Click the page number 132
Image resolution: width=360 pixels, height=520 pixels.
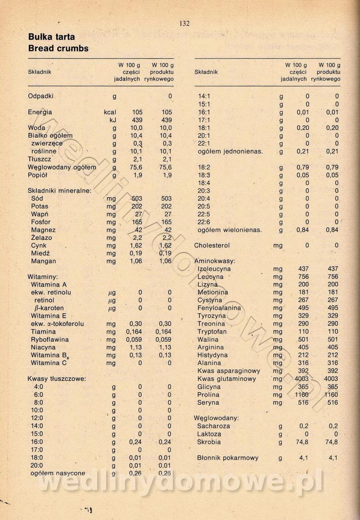[x=184, y=24]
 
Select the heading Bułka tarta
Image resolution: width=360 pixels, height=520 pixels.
[x=51, y=37]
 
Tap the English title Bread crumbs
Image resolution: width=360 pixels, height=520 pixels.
[x=58, y=48]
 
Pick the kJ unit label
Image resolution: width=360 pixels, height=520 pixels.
[x=113, y=120]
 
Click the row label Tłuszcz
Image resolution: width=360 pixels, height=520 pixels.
[x=40, y=159]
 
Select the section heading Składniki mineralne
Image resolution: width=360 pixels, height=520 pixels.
[x=59, y=190]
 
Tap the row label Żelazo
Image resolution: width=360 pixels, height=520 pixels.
[x=41, y=238]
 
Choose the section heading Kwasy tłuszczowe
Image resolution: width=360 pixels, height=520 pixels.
[x=56, y=379]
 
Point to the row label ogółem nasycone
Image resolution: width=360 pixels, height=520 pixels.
[x=58, y=473]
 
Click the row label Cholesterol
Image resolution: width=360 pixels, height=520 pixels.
[x=212, y=245]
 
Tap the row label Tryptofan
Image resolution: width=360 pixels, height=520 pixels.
[x=212, y=332]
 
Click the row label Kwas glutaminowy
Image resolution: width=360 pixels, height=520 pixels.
[x=227, y=379]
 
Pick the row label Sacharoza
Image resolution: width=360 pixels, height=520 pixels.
[x=213, y=426]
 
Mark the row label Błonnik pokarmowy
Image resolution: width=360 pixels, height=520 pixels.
[x=228, y=458]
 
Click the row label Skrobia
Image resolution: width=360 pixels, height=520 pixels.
[x=209, y=442]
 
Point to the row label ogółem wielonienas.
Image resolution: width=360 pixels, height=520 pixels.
[x=229, y=230]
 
